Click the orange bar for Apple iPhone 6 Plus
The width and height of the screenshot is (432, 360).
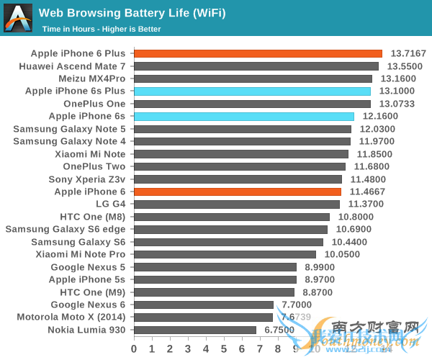point(258,53)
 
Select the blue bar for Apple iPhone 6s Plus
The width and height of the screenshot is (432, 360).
point(252,91)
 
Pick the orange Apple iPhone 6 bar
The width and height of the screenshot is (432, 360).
point(238,192)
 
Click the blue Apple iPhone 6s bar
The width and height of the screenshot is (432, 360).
point(244,116)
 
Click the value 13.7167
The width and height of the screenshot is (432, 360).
point(408,53)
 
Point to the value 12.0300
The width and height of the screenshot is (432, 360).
point(377,129)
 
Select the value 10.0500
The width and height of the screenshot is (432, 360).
point(341,254)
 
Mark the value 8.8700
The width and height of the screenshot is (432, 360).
point(320,292)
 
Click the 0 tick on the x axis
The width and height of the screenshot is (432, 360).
point(134,348)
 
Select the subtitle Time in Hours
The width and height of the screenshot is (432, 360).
point(101,29)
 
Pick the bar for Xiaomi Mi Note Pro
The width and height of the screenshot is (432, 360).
point(225,254)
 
